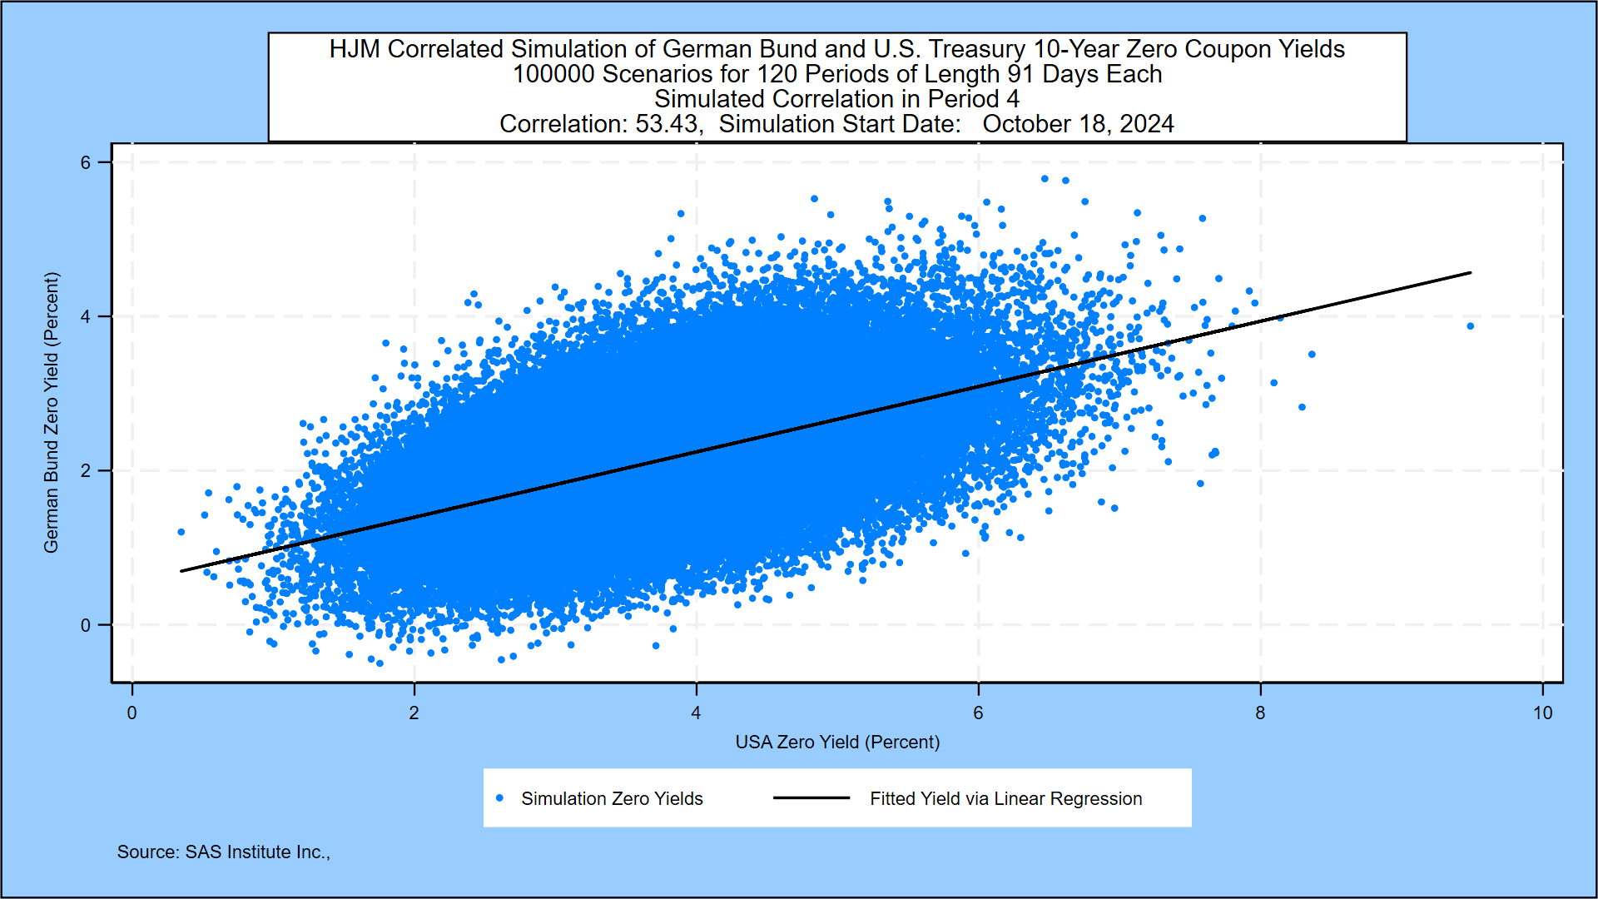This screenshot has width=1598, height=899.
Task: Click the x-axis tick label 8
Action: coord(1260,713)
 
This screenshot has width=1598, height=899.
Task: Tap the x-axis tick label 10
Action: coord(1542,713)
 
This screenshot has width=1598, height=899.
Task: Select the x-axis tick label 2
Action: coord(414,713)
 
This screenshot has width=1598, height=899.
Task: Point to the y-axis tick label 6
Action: coord(86,162)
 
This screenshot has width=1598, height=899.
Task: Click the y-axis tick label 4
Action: coord(86,316)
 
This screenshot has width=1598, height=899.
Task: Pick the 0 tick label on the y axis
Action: coord(86,625)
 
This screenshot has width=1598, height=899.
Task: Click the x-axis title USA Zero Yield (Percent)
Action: coord(837,742)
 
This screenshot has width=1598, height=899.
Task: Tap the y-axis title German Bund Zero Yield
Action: coord(52,412)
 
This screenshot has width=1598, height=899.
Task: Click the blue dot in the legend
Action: coord(499,798)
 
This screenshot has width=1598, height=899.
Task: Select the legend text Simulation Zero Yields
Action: coord(612,799)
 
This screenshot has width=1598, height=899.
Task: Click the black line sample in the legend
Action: coord(811,798)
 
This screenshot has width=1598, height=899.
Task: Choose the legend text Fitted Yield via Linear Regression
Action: coord(1005,799)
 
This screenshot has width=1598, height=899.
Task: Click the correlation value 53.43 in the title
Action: coord(667,124)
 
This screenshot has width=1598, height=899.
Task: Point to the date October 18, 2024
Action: coord(1078,124)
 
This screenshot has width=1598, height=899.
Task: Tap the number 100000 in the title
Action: coord(553,74)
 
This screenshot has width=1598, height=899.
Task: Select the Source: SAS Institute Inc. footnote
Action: coord(223,852)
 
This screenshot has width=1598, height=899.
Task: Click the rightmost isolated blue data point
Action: coord(1471,326)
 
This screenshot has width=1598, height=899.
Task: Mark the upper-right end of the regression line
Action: coord(1470,273)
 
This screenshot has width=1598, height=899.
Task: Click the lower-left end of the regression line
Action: coord(182,570)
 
